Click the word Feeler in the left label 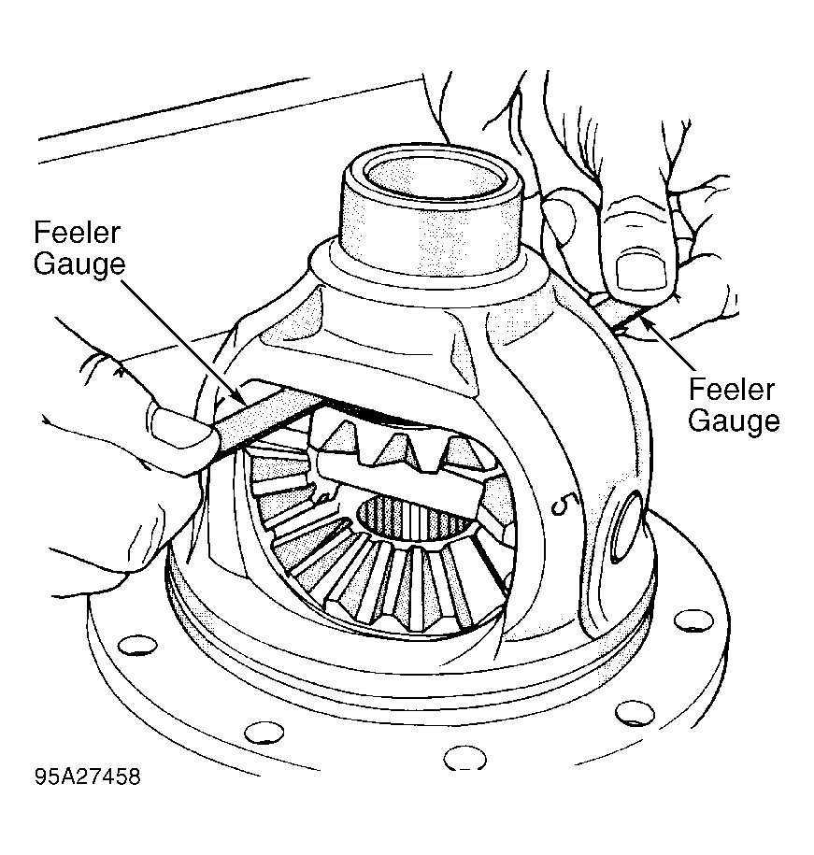click(77, 233)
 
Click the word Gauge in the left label click(79, 264)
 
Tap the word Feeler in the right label click(731, 390)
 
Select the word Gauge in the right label click(734, 420)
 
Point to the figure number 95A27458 click(87, 777)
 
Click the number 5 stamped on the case click(562, 505)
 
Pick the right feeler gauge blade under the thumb click(620, 312)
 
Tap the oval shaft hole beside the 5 click(627, 525)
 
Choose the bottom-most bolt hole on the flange click(464, 758)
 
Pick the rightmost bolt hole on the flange click(693, 620)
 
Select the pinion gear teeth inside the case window click(397, 439)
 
